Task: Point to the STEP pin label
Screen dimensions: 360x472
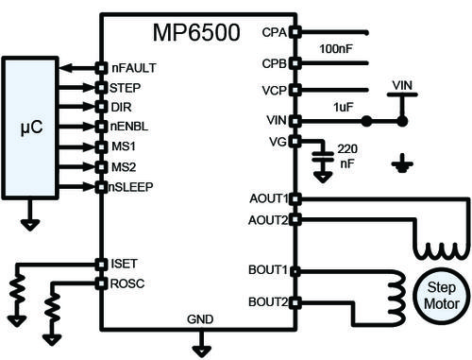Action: coord(125,88)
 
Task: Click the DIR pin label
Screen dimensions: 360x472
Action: coord(120,107)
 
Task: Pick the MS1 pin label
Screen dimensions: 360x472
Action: coord(123,146)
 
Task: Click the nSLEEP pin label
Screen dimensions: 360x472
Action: coord(132,186)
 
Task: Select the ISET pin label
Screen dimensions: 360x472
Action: coord(124,265)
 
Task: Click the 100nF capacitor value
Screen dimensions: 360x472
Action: coord(337,47)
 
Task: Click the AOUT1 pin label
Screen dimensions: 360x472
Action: coord(268,198)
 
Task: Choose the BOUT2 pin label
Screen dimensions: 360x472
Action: coord(268,302)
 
